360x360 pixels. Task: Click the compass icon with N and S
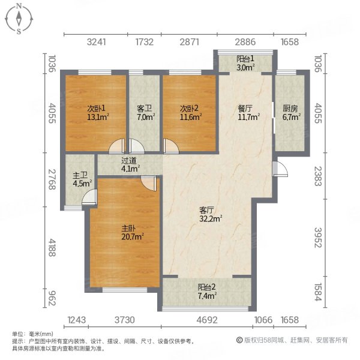point(19,19)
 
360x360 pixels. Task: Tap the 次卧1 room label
point(95,113)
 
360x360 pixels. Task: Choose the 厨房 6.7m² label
point(290,113)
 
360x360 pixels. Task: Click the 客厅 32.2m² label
point(211,214)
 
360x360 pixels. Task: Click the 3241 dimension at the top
point(97,42)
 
